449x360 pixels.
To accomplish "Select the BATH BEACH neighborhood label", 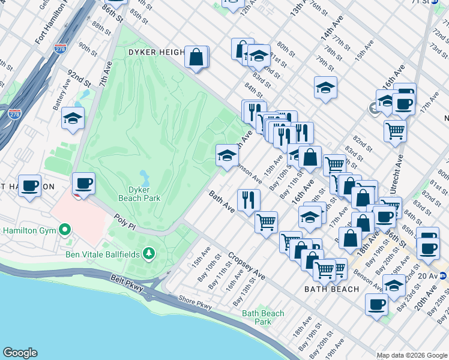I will (x=331, y=289).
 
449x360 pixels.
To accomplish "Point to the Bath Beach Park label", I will (x=263, y=317).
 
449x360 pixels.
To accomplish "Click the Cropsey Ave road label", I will (x=246, y=266).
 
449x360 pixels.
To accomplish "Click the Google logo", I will (x=20, y=353).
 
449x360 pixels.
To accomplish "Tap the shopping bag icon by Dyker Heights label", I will (x=196, y=58).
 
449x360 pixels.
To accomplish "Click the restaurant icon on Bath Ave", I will (x=248, y=199).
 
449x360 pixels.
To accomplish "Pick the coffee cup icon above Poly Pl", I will (x=83, y=183).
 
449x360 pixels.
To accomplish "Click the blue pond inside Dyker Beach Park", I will (x=145, y=178).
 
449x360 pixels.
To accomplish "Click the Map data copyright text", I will (x=412, y=355).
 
